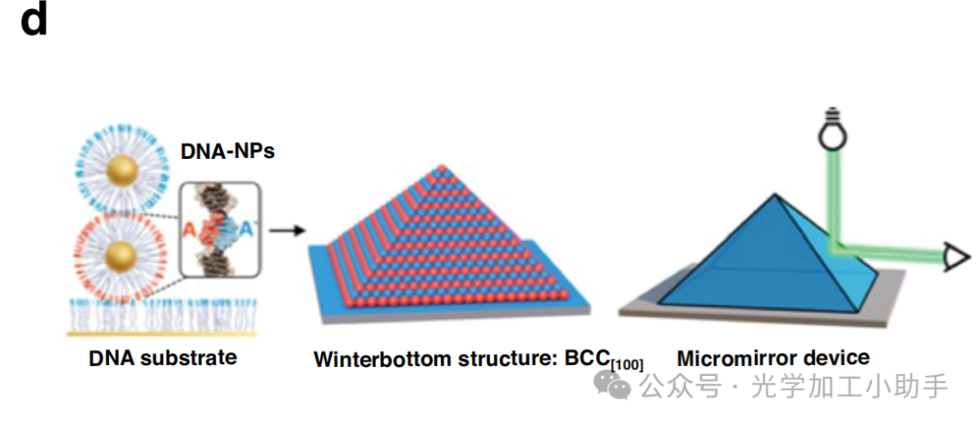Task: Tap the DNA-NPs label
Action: coord(228,151)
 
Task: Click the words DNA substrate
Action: coord(162,357)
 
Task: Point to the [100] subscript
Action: coord(627,365)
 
